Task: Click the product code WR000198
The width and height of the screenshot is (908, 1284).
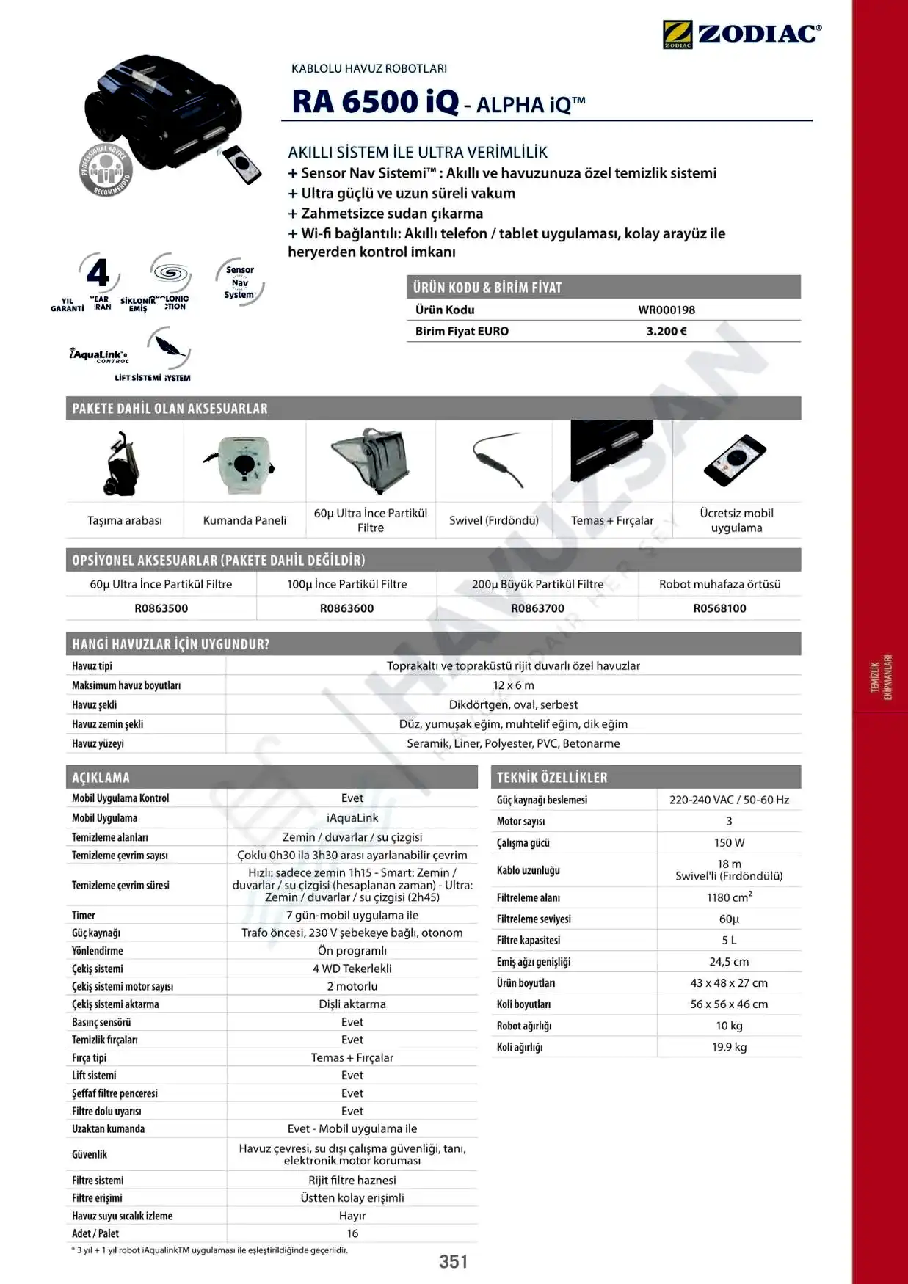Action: coord(667,310)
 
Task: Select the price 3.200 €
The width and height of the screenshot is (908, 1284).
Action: coord(667,331)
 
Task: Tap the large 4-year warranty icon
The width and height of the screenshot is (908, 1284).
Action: coord(98,273)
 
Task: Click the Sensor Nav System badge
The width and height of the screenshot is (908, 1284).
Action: coord(239,282)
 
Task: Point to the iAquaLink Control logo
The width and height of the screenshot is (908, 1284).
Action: coord(99,355)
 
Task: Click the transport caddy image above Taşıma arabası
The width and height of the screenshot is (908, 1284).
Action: coord(123,464)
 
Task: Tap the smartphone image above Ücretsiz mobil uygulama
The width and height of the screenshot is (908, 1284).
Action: coord(735,460)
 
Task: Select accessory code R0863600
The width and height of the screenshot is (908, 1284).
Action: coord(346,608)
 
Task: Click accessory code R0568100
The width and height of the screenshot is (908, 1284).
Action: coord(719,608)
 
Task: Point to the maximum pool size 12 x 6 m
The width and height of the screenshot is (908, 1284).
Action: coord(513,685)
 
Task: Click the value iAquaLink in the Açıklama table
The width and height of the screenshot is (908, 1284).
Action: coord(352,818)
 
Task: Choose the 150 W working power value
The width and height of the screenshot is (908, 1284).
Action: coord(729,843)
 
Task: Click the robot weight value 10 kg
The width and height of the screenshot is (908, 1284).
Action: coord(729,1026)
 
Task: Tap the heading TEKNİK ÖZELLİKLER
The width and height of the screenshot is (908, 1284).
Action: coord(552,778)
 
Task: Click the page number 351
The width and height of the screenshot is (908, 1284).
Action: coord(453,1261)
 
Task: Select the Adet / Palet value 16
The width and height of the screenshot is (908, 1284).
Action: coord(352,1233)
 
